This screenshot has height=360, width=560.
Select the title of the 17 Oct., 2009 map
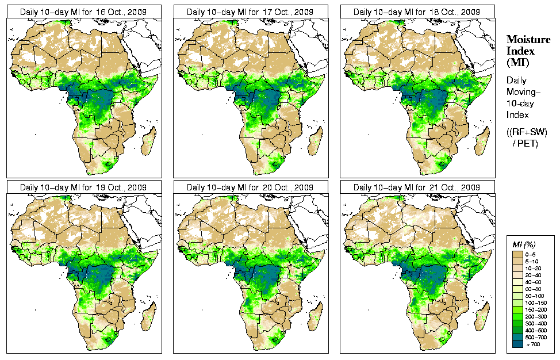click(x=250, y=12)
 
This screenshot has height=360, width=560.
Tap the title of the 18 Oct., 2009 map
click(x=416, y=12)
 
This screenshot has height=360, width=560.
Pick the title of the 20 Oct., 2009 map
click(x=250, y=187)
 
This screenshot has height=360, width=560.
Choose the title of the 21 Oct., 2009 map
click(x=416, y=187)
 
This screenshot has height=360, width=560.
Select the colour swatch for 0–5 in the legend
click(x=516, y=254)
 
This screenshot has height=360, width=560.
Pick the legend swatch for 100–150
click(x=516, y=301)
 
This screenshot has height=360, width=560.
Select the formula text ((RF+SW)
click(x=527, y=132)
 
